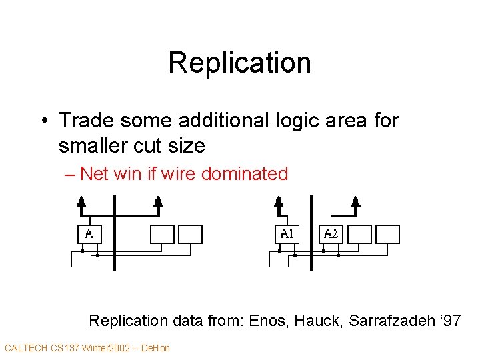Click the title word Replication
click(239, 63)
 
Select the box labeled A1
click(287, 234)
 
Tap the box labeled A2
click(331, 234)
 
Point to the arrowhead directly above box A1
click(279, 202)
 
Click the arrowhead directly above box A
click(81, 202)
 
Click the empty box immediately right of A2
click(361, 234)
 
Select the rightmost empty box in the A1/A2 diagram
click(387, 234)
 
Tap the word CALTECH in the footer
click(26, 348)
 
